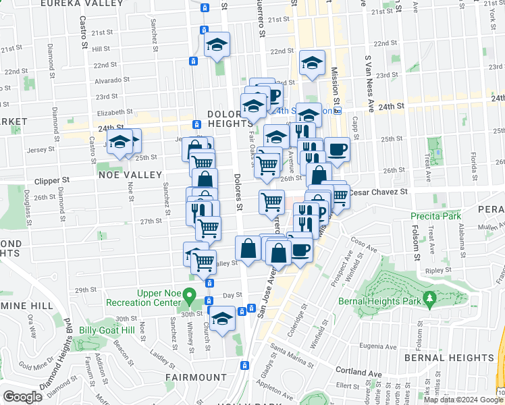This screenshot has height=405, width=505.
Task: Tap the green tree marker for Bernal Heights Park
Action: pyautogui.click(x=428, y=298)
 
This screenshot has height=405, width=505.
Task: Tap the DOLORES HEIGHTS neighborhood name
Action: pyautogui.click(x=230, y=119)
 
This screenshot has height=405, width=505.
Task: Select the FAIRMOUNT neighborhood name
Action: pyautogui.click(x=196, y=377)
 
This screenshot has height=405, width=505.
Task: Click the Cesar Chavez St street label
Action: pyautogui.click(x=378, y=192)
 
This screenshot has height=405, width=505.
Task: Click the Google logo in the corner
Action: pyautogui.click(x=23, y=396)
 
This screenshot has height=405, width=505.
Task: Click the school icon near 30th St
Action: pyautogui.click(x=221, y=317)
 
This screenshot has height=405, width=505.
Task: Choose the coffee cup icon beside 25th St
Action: pyautogui.click(x=337, y=149)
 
